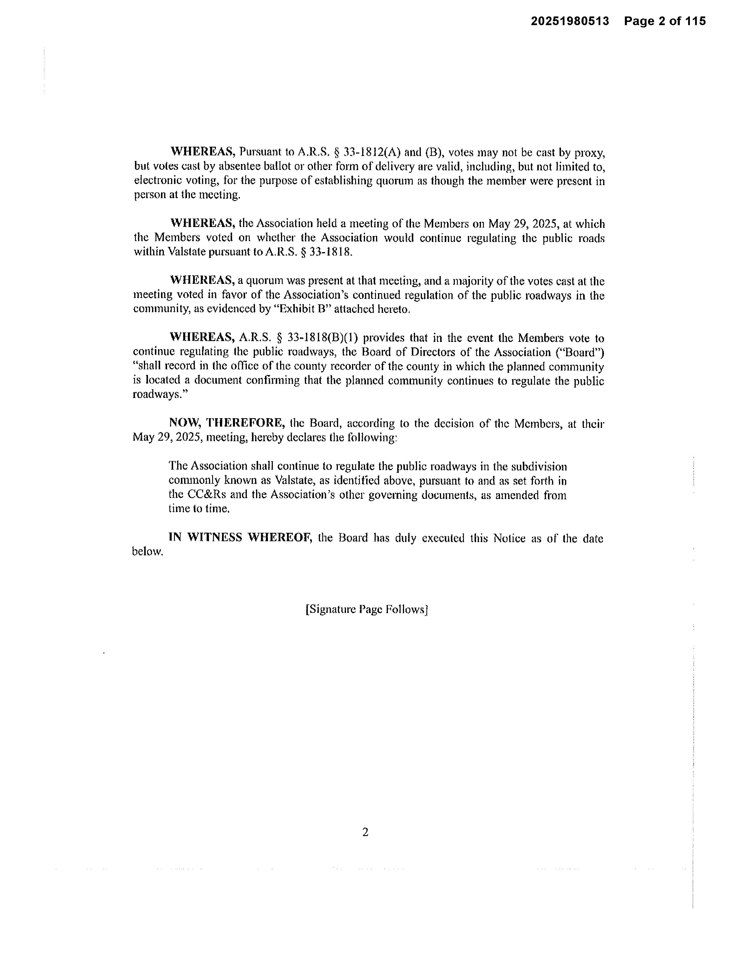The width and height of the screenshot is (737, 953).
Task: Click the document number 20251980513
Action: (x=569, y=21)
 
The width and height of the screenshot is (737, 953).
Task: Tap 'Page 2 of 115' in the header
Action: (x=664, y=21)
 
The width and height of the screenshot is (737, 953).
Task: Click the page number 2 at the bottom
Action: (x=365, y=832)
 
